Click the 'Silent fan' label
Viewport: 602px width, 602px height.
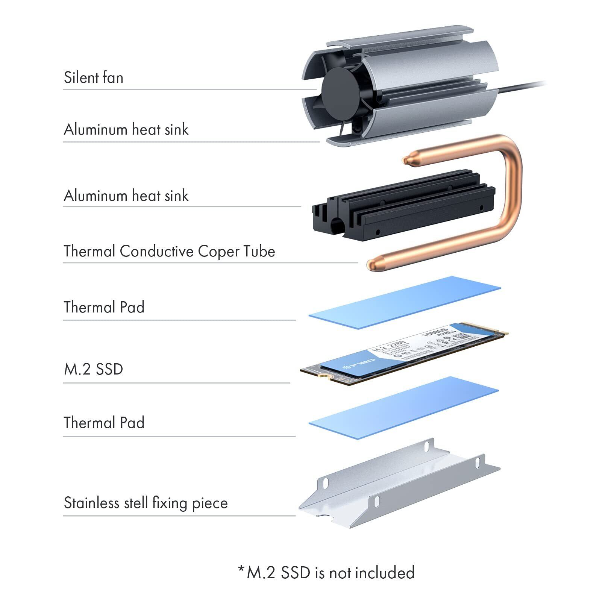click(93, 77)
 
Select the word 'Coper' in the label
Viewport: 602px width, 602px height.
click(218, 252)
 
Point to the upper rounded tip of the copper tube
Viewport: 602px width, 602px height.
click(408, 160)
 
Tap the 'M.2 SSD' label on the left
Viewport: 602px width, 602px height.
click(93, 369)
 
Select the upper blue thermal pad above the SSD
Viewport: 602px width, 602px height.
click(404, 303)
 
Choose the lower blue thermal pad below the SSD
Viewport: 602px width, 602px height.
click(404, 408)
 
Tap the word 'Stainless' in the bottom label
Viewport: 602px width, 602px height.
click(89, 503)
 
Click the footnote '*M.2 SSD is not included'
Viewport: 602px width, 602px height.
click(326, 573)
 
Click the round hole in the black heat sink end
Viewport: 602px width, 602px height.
click(337, 226)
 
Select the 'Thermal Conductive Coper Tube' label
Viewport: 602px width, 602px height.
click(169, 252)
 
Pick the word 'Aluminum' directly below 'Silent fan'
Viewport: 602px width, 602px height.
click(96, 130)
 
